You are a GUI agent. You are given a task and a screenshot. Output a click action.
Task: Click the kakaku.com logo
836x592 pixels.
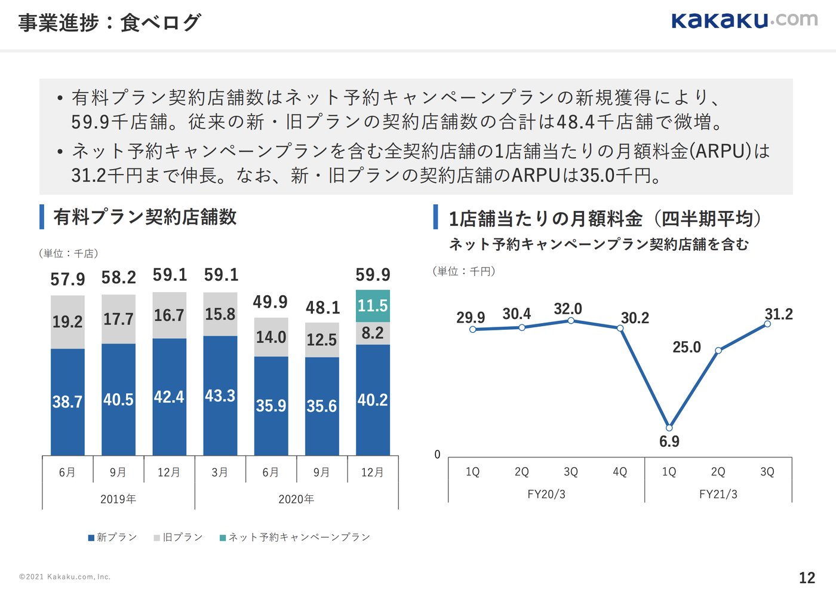[744, 20]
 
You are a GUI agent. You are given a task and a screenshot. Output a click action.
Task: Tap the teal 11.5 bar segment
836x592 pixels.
[373, 306]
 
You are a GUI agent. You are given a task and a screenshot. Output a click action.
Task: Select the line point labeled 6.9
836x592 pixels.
[669, 428]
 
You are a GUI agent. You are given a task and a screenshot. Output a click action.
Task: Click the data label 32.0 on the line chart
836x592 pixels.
[567, 309]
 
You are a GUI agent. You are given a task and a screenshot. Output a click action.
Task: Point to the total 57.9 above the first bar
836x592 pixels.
[67, 279]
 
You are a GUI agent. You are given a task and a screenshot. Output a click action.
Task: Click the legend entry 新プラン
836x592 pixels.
[112, 538]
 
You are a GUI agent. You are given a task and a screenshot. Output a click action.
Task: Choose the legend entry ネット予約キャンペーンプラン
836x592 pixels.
[295, 538]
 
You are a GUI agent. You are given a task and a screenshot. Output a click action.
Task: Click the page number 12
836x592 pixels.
[807, 578]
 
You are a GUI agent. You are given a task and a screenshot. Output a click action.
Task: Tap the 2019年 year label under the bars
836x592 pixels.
[118, 499]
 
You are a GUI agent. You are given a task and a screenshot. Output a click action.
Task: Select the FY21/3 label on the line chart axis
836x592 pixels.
[718, 494]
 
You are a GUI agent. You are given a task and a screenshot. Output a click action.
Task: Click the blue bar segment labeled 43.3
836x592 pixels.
[220, 395]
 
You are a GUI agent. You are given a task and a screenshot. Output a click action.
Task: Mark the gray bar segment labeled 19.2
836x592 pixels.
[67, 322]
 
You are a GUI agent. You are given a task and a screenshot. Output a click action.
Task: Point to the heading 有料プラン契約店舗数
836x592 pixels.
[145, 217]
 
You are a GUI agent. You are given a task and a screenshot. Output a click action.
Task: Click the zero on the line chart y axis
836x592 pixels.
[437, 455]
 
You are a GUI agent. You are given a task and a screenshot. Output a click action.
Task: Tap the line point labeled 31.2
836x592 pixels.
[767, 324]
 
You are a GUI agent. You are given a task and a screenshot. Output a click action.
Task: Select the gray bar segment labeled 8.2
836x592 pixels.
[373, 333]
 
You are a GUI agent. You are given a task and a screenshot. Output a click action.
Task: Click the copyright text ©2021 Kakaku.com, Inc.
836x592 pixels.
[64, 577]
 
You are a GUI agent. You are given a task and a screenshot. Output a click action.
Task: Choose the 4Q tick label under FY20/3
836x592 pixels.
[620, 472]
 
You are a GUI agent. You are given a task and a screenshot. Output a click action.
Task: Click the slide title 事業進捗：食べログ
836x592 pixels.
[110, 23]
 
